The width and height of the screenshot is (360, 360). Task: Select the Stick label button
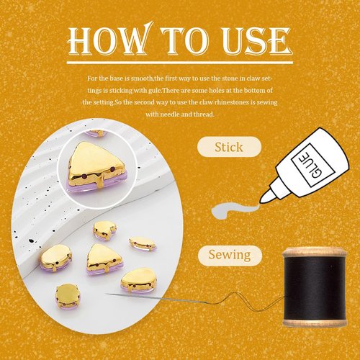tap(228, 148)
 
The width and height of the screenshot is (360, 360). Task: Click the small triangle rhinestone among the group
tap(102, 258)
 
